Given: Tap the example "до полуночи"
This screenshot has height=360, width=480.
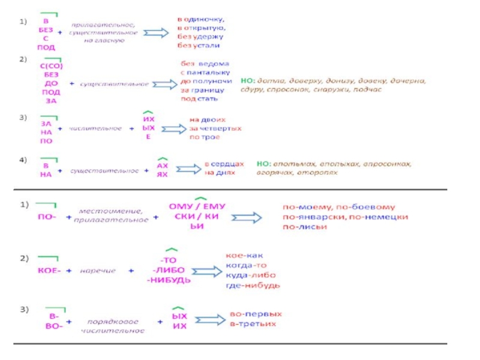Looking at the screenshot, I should [x=203, y=80].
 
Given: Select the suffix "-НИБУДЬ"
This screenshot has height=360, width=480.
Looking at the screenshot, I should [x=170, y=280].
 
